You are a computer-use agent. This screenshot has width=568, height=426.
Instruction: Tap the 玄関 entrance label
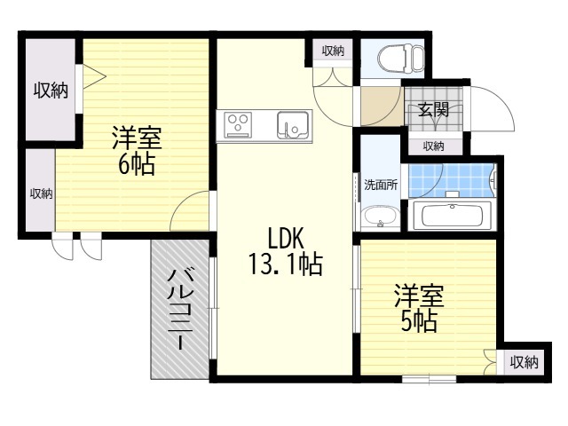[433, 111]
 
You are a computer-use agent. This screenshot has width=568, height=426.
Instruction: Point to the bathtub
[452, 216]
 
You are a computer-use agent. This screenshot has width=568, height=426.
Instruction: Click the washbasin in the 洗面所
[380, 216]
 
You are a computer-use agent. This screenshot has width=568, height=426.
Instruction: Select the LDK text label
[286, 238]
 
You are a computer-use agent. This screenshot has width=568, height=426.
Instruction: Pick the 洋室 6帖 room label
[136, 151]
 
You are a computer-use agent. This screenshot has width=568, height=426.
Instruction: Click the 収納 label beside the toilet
[333, 51]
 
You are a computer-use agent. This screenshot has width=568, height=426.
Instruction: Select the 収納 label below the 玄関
[433, 146]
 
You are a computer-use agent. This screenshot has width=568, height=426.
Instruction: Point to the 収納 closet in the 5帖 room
[524, 361]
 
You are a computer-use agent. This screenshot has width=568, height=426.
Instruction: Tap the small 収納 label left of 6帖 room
[40, 193]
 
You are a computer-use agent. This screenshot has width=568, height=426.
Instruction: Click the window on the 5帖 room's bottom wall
[429, 379]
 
